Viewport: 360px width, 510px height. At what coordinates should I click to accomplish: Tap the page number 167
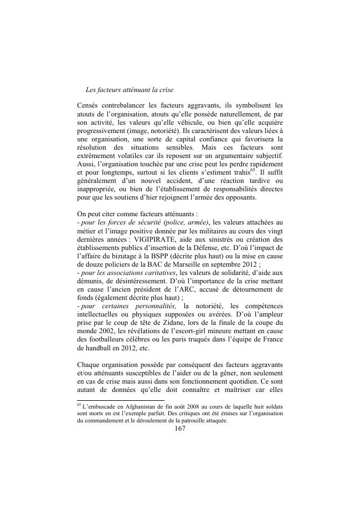179,430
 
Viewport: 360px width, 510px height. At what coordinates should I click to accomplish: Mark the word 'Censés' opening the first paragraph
89,104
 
